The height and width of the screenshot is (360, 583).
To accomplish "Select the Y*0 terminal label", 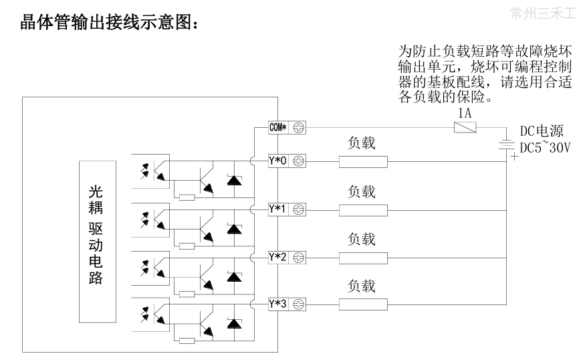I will coord(277,161).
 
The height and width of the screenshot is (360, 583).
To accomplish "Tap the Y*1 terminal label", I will coord(277,209).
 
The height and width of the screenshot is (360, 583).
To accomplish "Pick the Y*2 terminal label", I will coord(277,256).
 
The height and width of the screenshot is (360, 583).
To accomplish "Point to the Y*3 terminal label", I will coord(277,304).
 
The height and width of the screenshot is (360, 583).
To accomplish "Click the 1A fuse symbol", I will coord(465,127).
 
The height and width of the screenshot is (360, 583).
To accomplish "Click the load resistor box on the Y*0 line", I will coord(363,161).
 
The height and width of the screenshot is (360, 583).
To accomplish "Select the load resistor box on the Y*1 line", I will coord(363,209).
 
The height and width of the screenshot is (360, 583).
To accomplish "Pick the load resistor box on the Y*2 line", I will coord(363,257).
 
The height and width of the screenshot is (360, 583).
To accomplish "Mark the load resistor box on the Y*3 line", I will coord(363,304).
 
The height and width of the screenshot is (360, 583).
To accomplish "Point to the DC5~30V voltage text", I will coord(545,147).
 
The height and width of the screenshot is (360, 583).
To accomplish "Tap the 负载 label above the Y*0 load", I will coord(362,143).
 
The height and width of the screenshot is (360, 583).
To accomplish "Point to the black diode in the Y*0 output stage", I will coord(233,180).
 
